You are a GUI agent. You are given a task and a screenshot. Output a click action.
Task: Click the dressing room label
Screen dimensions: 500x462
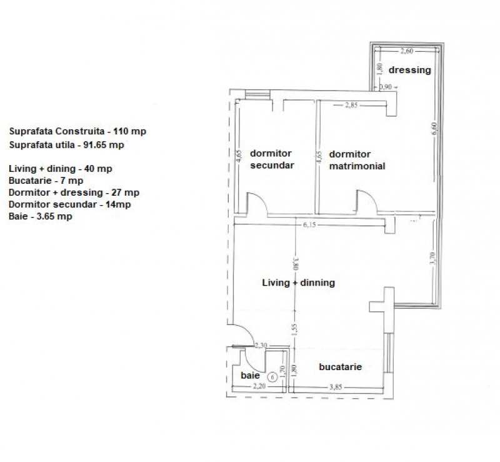410,70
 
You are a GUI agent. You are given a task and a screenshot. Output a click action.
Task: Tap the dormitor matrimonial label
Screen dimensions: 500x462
357,160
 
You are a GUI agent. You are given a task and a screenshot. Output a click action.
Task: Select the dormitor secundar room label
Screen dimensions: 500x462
272,159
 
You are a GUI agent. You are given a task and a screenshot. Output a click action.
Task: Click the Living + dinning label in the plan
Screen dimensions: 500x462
299,283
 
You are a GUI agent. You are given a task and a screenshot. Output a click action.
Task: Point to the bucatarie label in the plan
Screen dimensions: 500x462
340,367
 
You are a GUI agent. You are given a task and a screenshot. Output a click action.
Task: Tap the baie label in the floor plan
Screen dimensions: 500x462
250,376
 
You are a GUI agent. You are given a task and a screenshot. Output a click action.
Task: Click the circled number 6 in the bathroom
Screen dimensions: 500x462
272,378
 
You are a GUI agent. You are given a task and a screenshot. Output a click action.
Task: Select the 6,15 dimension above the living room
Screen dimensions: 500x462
309,224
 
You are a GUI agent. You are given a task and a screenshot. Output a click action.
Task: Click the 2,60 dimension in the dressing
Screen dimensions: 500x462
407,51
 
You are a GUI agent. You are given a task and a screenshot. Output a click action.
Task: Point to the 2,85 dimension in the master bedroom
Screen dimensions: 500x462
351,105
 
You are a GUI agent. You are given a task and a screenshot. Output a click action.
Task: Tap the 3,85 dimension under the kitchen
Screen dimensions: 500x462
336,388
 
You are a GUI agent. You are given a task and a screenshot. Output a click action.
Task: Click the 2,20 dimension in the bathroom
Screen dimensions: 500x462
259,386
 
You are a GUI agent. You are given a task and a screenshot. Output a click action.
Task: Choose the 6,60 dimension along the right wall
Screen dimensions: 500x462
434,129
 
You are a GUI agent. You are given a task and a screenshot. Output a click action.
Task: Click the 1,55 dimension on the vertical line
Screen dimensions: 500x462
294,329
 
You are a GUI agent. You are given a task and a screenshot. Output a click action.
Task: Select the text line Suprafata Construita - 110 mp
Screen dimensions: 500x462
77,131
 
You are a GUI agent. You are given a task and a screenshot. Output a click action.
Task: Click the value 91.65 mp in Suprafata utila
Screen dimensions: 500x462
104,145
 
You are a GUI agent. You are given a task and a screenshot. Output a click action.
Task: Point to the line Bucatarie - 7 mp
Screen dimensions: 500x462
46,181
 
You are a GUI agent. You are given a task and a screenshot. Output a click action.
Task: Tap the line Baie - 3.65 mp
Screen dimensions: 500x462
41,216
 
